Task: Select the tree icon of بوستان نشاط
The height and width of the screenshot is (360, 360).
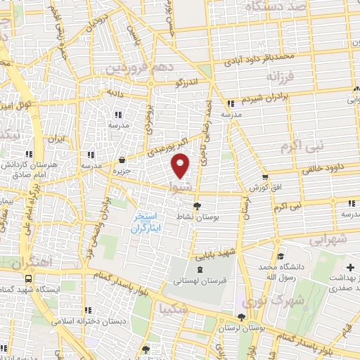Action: pos(198,207)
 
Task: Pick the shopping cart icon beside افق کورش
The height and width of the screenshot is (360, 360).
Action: pos(265,177)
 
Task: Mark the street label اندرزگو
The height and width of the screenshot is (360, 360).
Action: pos(187,82)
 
